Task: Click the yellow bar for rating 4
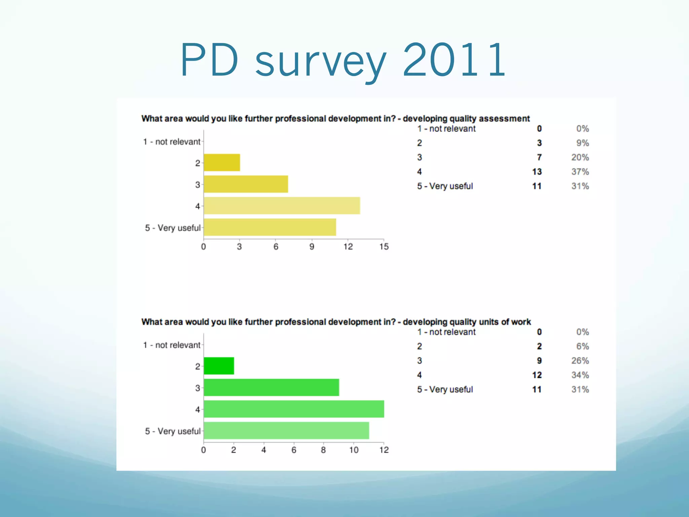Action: pyautogui.click(x=282, y=206)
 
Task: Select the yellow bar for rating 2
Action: pyautogui.click(x=222, y=163)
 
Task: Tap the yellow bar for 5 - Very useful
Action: pyautogui.click(x=270, y=227)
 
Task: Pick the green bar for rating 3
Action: pyautogui.click(x=271, y=387)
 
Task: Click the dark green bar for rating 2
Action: pyautogui.click(x=219, y=366)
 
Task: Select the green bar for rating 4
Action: pyautogui.click(x=294, y=409)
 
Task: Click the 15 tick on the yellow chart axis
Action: pyautogui.click(x=384, y=247)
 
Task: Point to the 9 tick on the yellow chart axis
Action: pyautogui.click(x=312, y=247)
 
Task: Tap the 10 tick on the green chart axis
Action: pyautogui.click(x=354, y=450)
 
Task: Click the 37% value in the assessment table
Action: pyautogui.click(x=580, y=172)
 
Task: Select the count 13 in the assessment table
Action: pyautogui.click(x=537, y=172)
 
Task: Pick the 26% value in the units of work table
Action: pyautogui.click(x=580, y=361)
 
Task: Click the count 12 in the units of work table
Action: pyautogui.click(x=537, y=375)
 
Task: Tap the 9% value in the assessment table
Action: pyautogui.click(x=582, y=143)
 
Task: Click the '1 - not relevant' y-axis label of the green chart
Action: pyautogui.click(x=172, y=345)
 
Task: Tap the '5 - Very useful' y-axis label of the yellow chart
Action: pyautogui.click(x=173, y=228)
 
